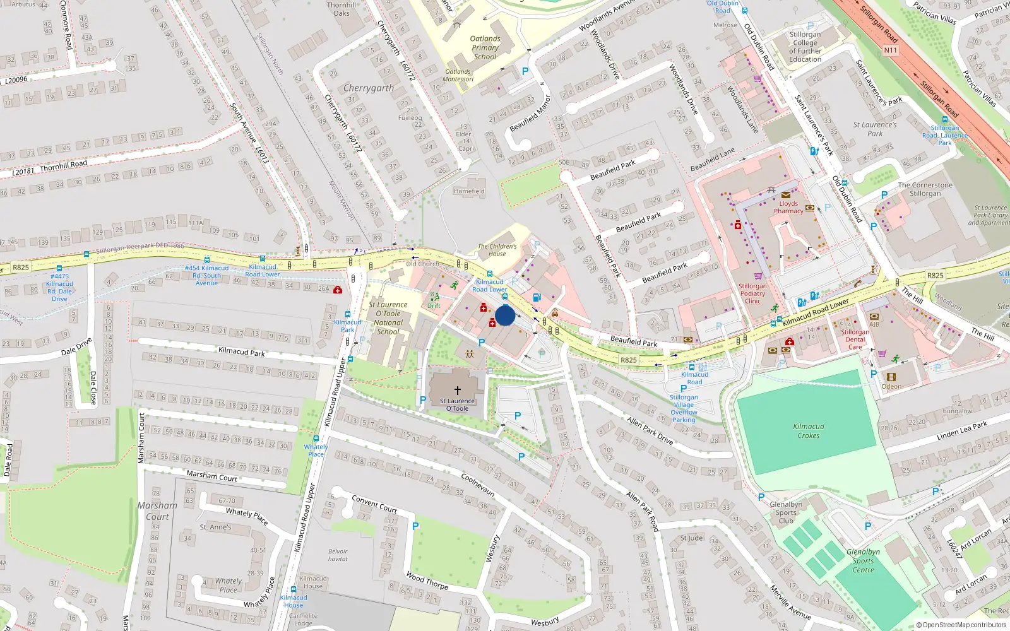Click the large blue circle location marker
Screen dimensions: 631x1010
[x=505, y=315]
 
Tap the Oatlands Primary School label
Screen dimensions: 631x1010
[x=485, y=47]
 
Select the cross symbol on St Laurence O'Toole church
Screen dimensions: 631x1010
[x=458, y=391]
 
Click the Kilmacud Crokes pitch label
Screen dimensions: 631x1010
[x=809, y=431]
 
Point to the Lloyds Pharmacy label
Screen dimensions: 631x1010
[x=788, y=208]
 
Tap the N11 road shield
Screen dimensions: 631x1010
[x=890, y=50]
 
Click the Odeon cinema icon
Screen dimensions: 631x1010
[x=891, y=377]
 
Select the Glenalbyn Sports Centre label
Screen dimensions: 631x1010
[x=863, y=560]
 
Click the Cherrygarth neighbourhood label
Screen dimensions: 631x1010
[x=369, y=88]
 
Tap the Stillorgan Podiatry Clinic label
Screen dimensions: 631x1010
[x=752, y=293]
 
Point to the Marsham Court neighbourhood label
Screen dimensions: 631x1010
[x=157, y=511]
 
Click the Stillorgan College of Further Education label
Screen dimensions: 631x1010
[x=805, y=47]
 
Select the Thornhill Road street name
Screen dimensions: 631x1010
[x=63, y=167]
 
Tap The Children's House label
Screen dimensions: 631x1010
[x=497, y=250]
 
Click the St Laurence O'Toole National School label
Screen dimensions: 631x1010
[x=388, y=318]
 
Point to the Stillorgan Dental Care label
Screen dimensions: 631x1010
[x=855, y=339]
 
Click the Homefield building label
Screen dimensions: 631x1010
[x=469, y=191]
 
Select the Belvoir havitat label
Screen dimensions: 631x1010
[x=338, y=555]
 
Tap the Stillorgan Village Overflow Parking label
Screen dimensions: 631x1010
[x=684, y=408]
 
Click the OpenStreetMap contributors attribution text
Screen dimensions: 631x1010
[x=961, y=625]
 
